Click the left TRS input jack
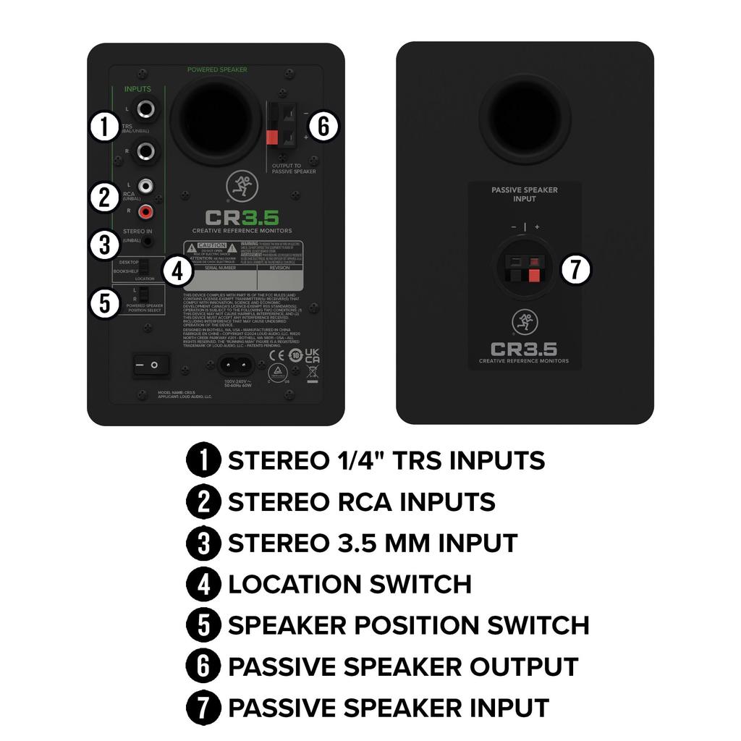(148, 110)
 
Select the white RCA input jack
(147, 187)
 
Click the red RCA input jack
(147, 212)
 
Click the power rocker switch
(151, 366)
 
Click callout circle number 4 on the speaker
(177, 271)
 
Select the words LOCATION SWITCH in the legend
(350, 584)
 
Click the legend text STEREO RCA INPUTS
(361, 501)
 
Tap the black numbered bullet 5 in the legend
(203, 625)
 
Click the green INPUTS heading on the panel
(137, 89)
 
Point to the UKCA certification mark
(312, 355)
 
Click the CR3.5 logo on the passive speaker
(524, 349)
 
